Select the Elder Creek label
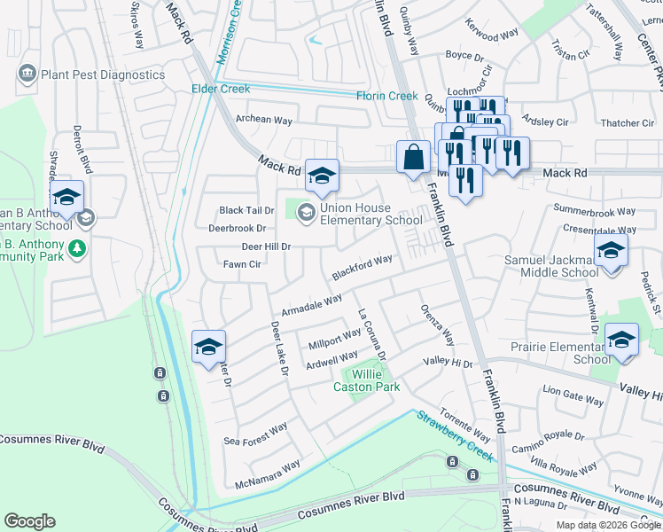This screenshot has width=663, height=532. [222, 89]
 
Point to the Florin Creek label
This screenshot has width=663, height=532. [386, 96]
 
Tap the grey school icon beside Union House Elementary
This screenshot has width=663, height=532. [307, 211]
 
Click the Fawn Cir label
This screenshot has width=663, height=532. [242, 264]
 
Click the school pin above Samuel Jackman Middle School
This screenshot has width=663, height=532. [610, 252]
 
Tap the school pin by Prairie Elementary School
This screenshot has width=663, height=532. [621, 340]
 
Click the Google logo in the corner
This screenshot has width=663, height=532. [29, 521]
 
